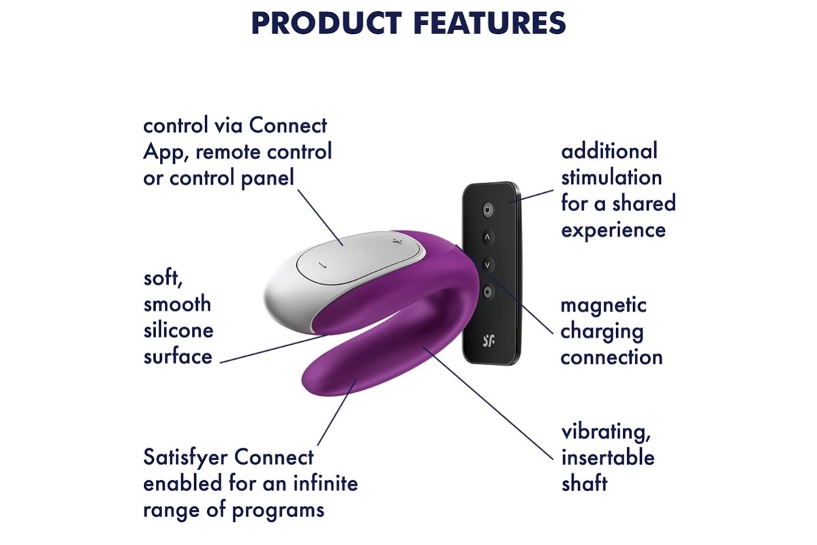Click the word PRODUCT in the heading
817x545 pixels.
coord(326,23)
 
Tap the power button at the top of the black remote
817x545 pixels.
coord(488,210)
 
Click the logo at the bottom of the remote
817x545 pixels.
coord(488,341)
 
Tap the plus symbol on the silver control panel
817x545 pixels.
coord(396,241)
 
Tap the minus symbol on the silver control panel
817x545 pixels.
coord(321,264)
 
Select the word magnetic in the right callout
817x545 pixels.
coord(603,305)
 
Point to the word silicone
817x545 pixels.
coord(178,330)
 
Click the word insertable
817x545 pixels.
coord(608,458)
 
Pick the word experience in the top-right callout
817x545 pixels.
coord(613,231)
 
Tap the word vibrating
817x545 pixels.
coord(606,433)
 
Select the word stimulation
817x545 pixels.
coord(611,178)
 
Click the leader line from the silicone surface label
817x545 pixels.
coord(274,349)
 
